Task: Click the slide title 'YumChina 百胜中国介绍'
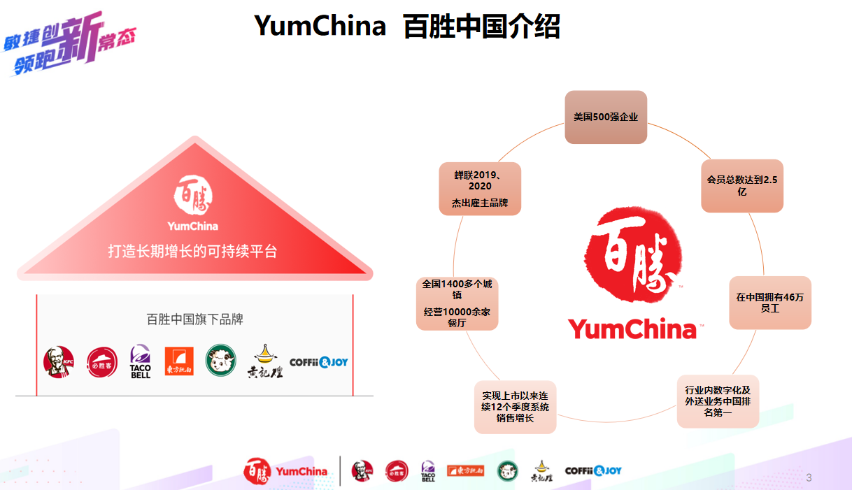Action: (x=407, y=27)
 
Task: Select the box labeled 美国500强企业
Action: (x=606, y=117)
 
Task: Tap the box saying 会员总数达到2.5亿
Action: (x=742, y=186)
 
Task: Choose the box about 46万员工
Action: (x=770, y=303)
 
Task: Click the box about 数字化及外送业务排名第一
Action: (x=718, y=401)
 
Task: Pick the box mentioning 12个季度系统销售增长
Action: (x=515, y=407)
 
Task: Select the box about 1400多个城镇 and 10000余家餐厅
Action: (x=457, y=303)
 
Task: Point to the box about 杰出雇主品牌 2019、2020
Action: (x=480, y=189)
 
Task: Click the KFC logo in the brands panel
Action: (x=57, y=362)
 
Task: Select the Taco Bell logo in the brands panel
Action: (x=141, y=362)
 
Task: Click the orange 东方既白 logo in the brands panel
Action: (x=179, y=361)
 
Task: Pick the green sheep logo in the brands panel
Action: (x=220, y=360)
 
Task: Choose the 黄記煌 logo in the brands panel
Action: (x=264, y=361)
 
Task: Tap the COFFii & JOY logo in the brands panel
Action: (x=318, y=362)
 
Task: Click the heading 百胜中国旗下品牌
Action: (x=194, y=319)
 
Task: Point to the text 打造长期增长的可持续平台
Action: (x=192, y=251)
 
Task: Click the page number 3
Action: (x=809, y=478)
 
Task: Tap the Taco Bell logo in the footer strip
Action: (x=428, y=471)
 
